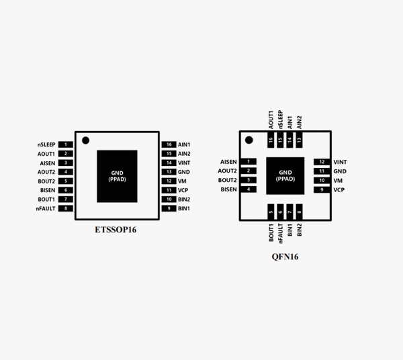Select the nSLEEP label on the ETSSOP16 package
[46, 144]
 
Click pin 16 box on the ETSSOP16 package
[169, 144]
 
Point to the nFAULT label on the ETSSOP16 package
[46, 209]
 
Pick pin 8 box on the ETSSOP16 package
[66, 209]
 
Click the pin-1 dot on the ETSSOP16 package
[85, 140]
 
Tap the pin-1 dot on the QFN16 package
[249, 140]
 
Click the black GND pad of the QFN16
[285, 176]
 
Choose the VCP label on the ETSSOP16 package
[183, 190]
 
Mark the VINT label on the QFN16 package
[341, 162]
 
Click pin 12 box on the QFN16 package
[322, 162]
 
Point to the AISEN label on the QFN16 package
[228, 162]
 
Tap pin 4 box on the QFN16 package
[250, 190]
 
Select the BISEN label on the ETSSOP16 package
[47, 190]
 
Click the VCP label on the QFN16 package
[339, 190]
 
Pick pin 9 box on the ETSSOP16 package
[169, 209]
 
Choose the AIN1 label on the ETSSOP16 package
[184, 144]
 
